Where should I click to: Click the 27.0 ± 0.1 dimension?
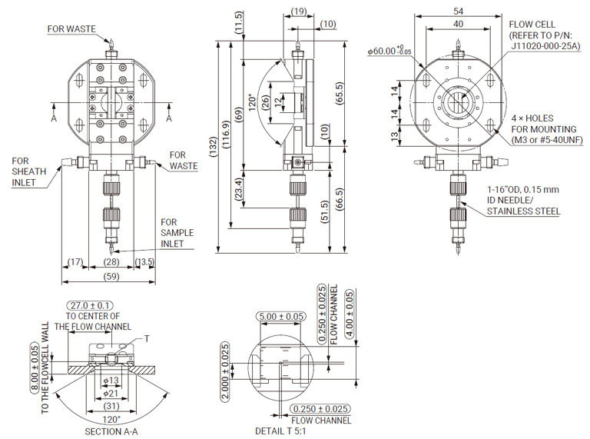(90, 305)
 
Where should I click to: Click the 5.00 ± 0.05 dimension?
(283, 316)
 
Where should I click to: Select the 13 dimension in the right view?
(395, 137)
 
